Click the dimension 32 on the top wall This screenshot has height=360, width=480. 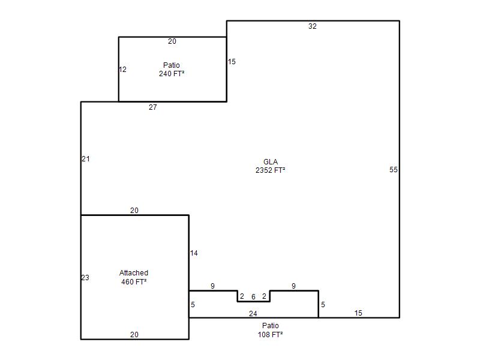[312, 26]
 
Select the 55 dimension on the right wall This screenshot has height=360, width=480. [394, 170]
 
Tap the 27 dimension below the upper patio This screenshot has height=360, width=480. [153, 107]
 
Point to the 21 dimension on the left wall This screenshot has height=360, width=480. [86, 159]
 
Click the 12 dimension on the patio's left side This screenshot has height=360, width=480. [122, 70]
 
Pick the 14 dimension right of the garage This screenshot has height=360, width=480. [194, 253]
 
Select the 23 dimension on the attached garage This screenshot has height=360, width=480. [85, 278]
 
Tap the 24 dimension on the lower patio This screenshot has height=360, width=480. [253, 313]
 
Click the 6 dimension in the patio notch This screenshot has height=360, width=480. [253, 296]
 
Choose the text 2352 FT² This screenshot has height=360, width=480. [271, 170]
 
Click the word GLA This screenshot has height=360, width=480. [271, 161]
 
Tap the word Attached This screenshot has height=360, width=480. [134, 273]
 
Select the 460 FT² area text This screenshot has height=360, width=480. [134, 281]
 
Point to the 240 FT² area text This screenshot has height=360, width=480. [172, 73]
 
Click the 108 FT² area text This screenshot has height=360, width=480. [271, 334]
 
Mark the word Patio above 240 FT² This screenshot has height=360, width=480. [172, 65]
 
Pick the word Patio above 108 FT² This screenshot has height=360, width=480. [271, 325]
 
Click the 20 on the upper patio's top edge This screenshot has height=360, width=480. [172, 41]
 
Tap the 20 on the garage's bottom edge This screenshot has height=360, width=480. [134, 335]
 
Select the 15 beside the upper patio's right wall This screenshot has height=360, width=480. [232, 62]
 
